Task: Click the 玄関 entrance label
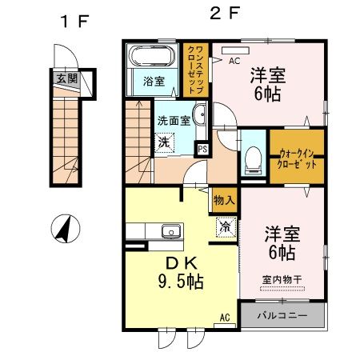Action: coord(67,78)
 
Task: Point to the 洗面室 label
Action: coord(173,120)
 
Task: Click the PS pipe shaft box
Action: coord(202,148)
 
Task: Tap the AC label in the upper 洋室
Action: coord(235,60)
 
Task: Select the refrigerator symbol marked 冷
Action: coord(225,226)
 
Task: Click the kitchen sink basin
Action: coord(170,233)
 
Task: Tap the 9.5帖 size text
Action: coord(174,282)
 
